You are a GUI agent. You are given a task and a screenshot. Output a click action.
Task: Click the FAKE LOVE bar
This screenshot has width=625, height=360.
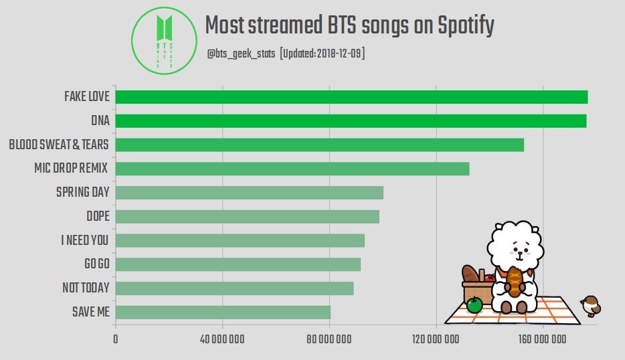(351, 96)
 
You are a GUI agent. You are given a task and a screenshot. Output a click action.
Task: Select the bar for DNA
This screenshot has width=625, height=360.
(351, 120)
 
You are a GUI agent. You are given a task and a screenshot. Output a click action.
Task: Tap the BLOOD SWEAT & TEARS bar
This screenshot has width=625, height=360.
(319, 145)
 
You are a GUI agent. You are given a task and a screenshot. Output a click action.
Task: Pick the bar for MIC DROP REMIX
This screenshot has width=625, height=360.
(292, 169)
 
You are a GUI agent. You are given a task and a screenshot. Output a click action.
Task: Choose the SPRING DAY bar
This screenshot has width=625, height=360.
(249, 193)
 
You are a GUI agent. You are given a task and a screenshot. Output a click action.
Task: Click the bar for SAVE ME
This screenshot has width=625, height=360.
(223, 312)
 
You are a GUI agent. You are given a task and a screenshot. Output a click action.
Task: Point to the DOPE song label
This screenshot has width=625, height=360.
(98, 217)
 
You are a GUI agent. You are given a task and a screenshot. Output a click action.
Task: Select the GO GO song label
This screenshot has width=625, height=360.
(96, 264)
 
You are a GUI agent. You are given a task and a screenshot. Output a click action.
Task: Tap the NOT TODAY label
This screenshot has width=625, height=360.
(86, 288)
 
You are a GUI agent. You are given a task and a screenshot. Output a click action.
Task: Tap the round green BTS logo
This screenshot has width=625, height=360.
(164, 39)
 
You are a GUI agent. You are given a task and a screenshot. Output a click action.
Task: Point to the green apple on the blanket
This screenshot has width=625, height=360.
(474, 305)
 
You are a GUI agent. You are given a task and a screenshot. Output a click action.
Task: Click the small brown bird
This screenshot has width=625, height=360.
(591, 305)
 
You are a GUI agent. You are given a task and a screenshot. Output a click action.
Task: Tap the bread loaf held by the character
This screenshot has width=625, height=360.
(513, 281)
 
